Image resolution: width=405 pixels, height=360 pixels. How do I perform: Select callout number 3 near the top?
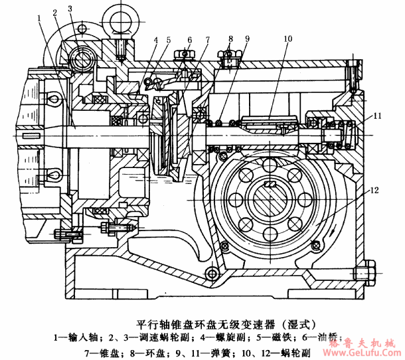(70, 9)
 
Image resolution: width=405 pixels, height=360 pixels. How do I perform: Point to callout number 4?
(155, 41)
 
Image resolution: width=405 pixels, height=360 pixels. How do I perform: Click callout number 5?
(169, 41)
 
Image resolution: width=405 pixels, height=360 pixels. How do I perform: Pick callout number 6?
(189, 41)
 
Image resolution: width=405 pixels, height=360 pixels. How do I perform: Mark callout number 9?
(247, 39)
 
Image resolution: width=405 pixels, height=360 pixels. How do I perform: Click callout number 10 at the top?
(287, 39)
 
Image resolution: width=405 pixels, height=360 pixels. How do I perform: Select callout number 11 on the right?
(376, 116)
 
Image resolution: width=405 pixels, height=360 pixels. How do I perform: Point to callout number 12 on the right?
(375, 190)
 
